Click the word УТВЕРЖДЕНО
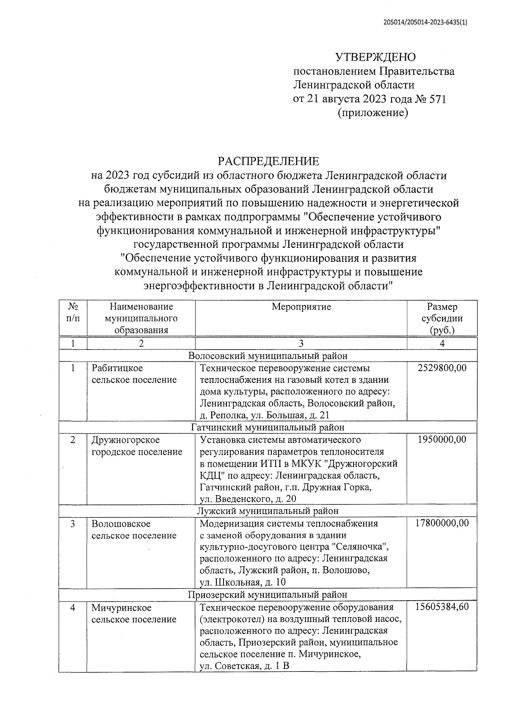375,57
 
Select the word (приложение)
373,113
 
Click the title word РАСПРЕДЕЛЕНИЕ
268,161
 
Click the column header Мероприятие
301,307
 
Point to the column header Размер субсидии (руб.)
442,318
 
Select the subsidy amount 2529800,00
442,368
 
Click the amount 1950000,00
442,440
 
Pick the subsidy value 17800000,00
442,523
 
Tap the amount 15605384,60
442,607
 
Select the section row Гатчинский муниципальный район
268,427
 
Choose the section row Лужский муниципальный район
268,511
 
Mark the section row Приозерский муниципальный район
268,595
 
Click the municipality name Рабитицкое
117,368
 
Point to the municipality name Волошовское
121,524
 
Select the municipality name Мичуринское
121,607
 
